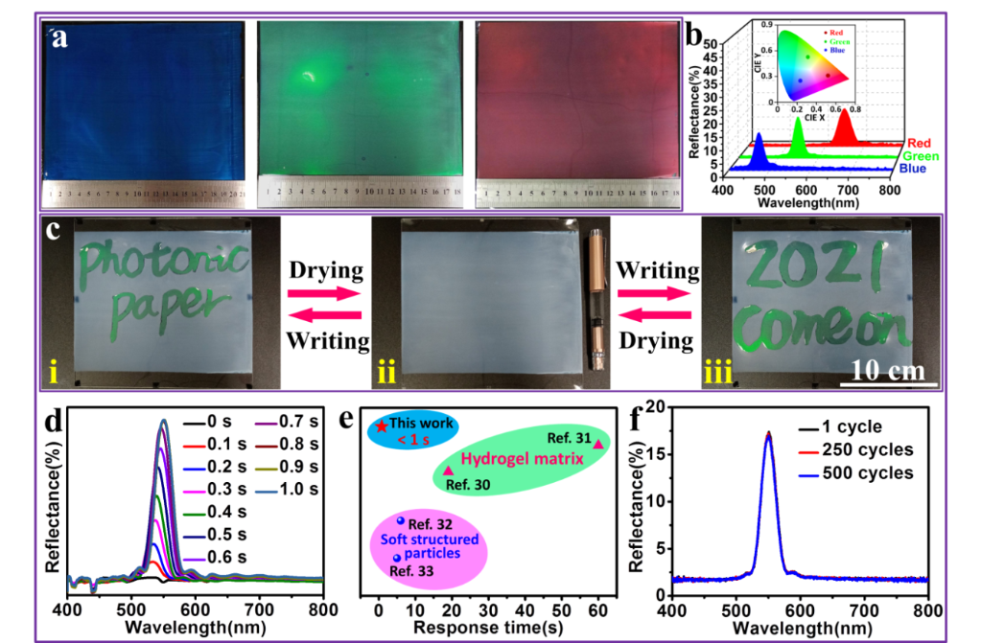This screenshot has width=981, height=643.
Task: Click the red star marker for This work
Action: click(x=383, y=426)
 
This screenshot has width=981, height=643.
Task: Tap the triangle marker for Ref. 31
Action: click(x=598, y=444)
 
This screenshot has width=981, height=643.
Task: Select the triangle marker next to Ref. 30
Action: click(x=449, y=471)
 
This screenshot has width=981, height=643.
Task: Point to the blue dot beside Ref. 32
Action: click(x=400, y=520)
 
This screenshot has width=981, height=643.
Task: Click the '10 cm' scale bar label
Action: click(x=887, y=370)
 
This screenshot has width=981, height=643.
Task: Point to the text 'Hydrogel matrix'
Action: click(x=526, y=459)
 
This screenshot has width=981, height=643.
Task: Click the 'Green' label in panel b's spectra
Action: click(x=921, y=155)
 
